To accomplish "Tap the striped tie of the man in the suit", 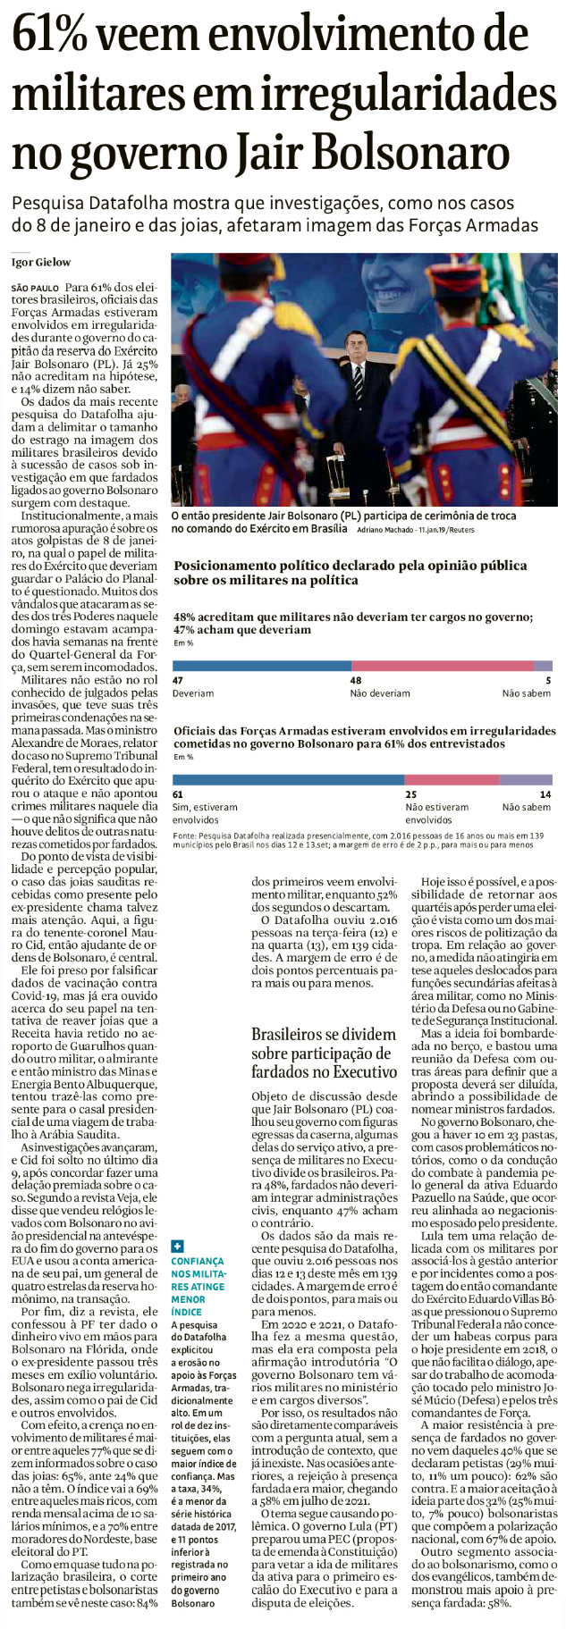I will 358,382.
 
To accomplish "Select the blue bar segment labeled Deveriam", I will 261,665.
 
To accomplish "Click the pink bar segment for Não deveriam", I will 442,665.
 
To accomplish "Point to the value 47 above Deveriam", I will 178,680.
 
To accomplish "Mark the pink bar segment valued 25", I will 452,779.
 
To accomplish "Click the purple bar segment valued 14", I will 526,779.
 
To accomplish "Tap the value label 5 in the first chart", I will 548,680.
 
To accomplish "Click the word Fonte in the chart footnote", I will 185,835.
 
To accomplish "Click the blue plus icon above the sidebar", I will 177,1246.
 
